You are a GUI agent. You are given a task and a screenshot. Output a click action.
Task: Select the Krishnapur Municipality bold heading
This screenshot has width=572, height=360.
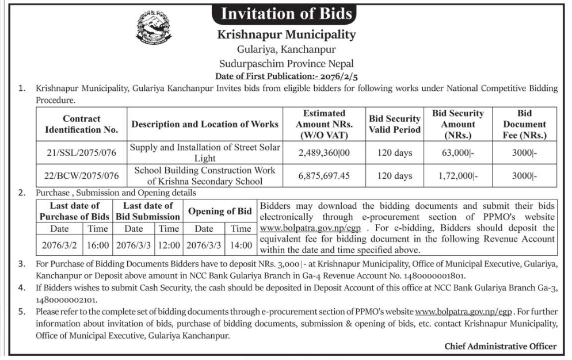[286, 35]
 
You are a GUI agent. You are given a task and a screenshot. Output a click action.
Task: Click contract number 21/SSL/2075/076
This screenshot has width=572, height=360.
[81, 152]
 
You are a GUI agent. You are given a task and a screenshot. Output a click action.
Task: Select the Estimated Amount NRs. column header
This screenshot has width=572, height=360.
[324, 124]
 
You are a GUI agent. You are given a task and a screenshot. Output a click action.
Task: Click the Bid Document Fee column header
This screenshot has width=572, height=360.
[524, 124]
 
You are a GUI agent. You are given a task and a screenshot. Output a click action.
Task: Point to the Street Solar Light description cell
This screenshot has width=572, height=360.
[205, 152]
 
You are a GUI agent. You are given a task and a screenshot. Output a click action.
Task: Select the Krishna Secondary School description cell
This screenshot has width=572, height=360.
[205, 175]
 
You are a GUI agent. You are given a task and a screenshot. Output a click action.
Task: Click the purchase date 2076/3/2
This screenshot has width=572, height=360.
[59, 244]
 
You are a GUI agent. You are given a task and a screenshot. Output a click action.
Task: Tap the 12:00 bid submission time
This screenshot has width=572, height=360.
[169, 244]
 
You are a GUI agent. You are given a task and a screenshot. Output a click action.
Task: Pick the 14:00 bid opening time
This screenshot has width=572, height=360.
[241, 244]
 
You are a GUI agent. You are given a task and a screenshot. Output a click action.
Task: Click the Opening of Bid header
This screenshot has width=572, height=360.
[220, 211]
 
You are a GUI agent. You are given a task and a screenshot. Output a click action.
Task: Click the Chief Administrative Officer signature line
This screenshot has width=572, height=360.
[500, 346]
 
